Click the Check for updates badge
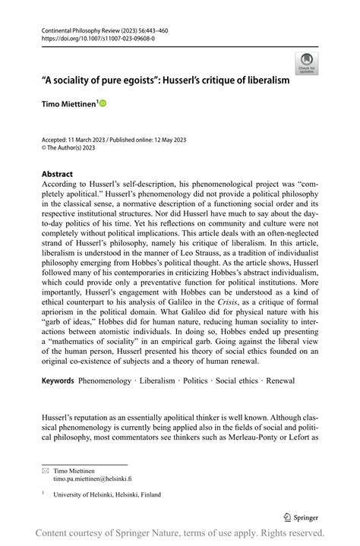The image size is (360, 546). pyautogui.click(x=307, y=62)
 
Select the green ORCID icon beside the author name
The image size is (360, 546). pyautogui.click(x=103, y=103)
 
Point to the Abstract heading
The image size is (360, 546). pyautogui.click(x=58, y=174)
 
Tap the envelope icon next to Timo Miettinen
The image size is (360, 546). pyautogui.click(x=45, y=472)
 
